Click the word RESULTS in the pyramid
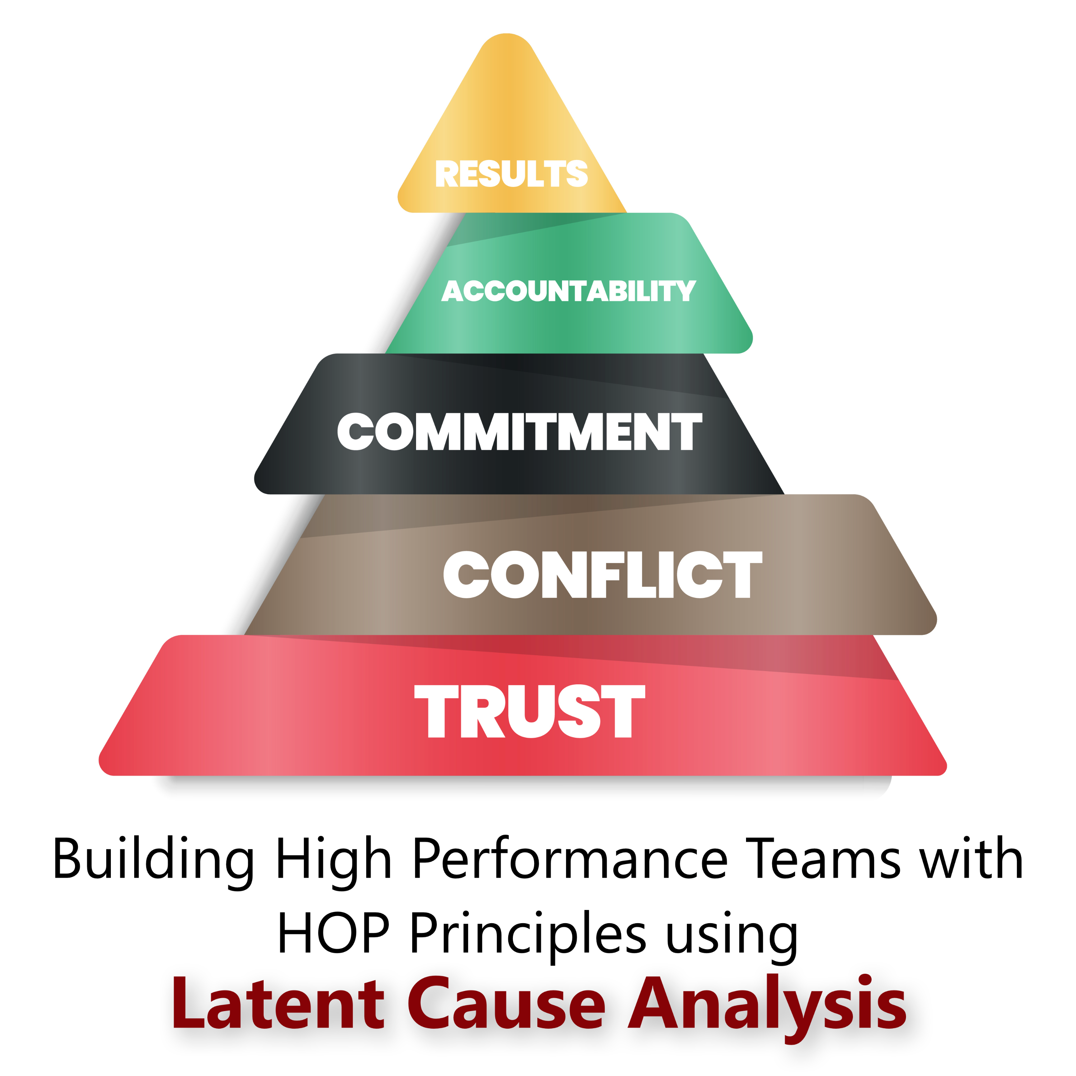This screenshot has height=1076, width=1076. (x=511, y=174)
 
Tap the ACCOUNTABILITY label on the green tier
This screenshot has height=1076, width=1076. (x=568, y=291)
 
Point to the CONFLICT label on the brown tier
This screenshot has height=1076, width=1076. (x=603, y=574)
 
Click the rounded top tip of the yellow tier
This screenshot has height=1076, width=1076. (x=506, y=34)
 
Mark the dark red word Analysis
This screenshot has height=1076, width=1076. (x=767, y=1009)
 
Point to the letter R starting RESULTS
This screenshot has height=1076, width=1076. (x=447, y=174)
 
